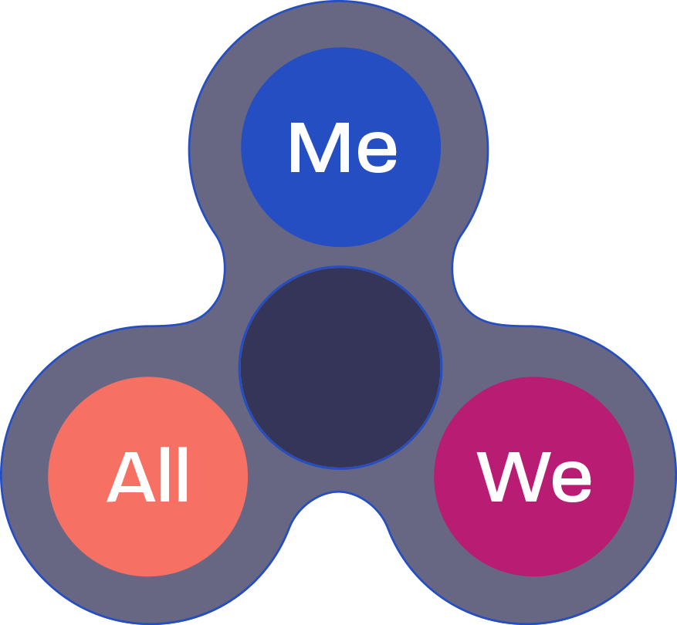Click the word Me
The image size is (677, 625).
tap(342, 148)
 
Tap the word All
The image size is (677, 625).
tap(148, 478)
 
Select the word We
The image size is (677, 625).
tap(534, 478)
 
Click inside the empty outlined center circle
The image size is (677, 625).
tap(340, 367)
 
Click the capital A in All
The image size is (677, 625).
tap(129, 478)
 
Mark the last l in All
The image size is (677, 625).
tap(183, 478)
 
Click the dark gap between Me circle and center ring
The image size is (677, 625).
tap(340, 257)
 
